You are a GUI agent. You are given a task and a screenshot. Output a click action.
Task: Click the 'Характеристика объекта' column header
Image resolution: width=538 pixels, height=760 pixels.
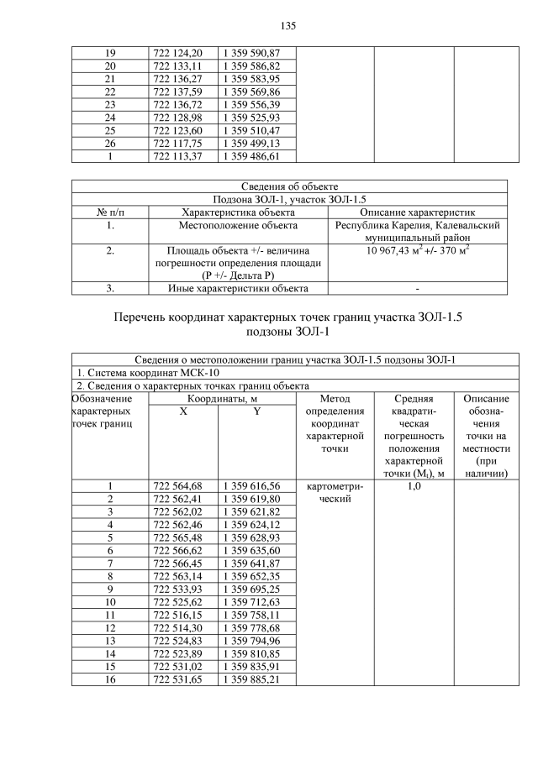pos(237,212)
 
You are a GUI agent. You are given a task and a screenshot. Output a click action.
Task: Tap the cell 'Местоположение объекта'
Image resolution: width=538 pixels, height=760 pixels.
pos(237,225)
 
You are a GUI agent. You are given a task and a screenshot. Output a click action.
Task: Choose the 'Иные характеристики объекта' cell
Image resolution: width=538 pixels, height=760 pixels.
pos(237,289)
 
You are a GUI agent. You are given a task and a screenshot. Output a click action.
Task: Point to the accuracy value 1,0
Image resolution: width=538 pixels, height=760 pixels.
pos(413,486)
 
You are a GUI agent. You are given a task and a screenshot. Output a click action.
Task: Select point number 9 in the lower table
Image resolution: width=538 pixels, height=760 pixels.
pos(109,589)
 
